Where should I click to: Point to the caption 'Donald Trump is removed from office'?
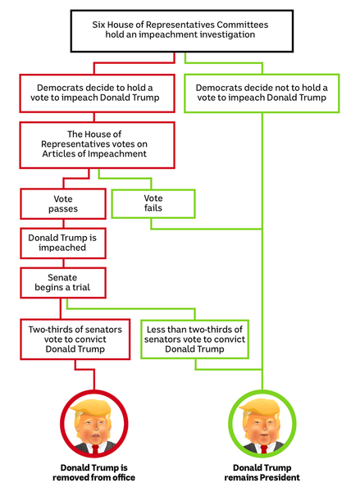(93, 472)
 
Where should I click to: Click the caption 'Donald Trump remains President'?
(262, 472)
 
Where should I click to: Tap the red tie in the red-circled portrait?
(95, 449)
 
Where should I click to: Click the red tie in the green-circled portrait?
(263, 449)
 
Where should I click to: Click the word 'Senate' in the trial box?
(62, 277)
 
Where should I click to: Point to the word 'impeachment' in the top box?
(168, 34)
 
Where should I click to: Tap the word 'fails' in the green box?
(153, 207)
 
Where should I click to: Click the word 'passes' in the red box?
(63, 209)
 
